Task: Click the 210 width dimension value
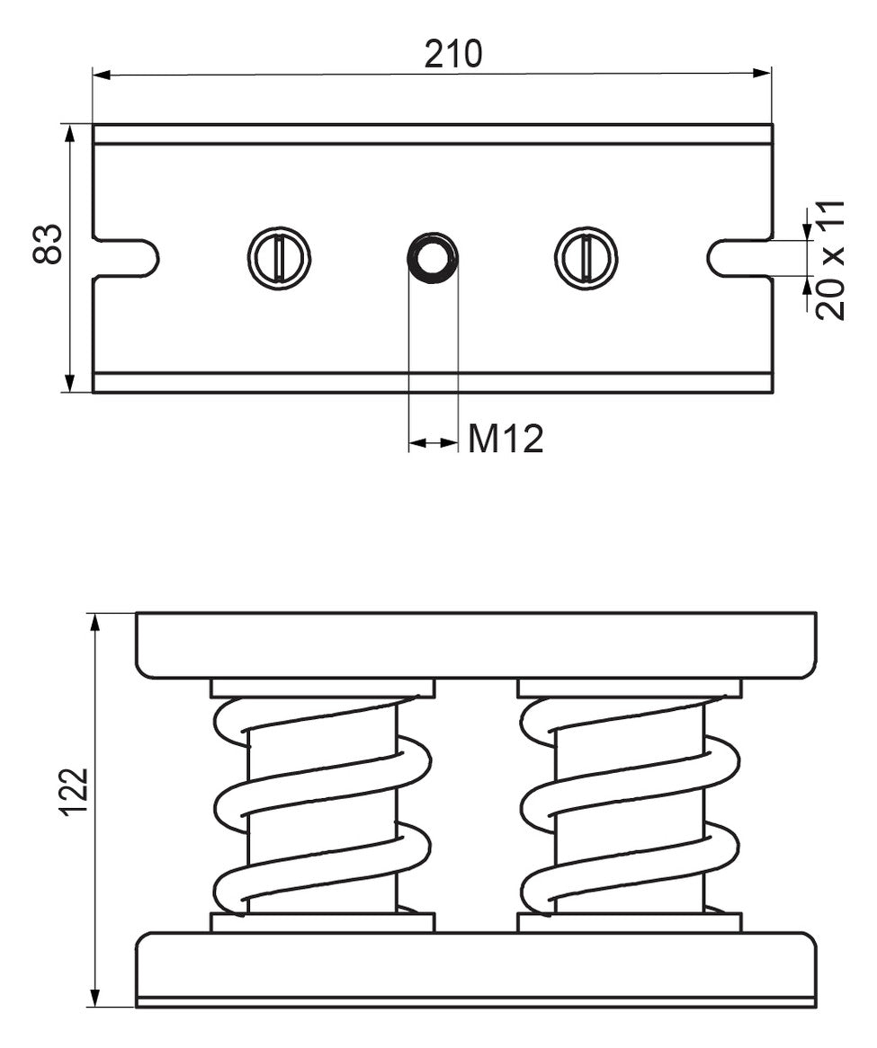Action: [452, 53]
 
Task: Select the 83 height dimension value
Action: [48, 244]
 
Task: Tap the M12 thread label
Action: [506, 440]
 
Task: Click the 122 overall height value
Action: [74, 792]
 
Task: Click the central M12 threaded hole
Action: [433, 258]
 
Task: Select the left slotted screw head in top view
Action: [280, 258]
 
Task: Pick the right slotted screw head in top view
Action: [586, 258]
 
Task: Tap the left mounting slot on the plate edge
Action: [126, 257]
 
